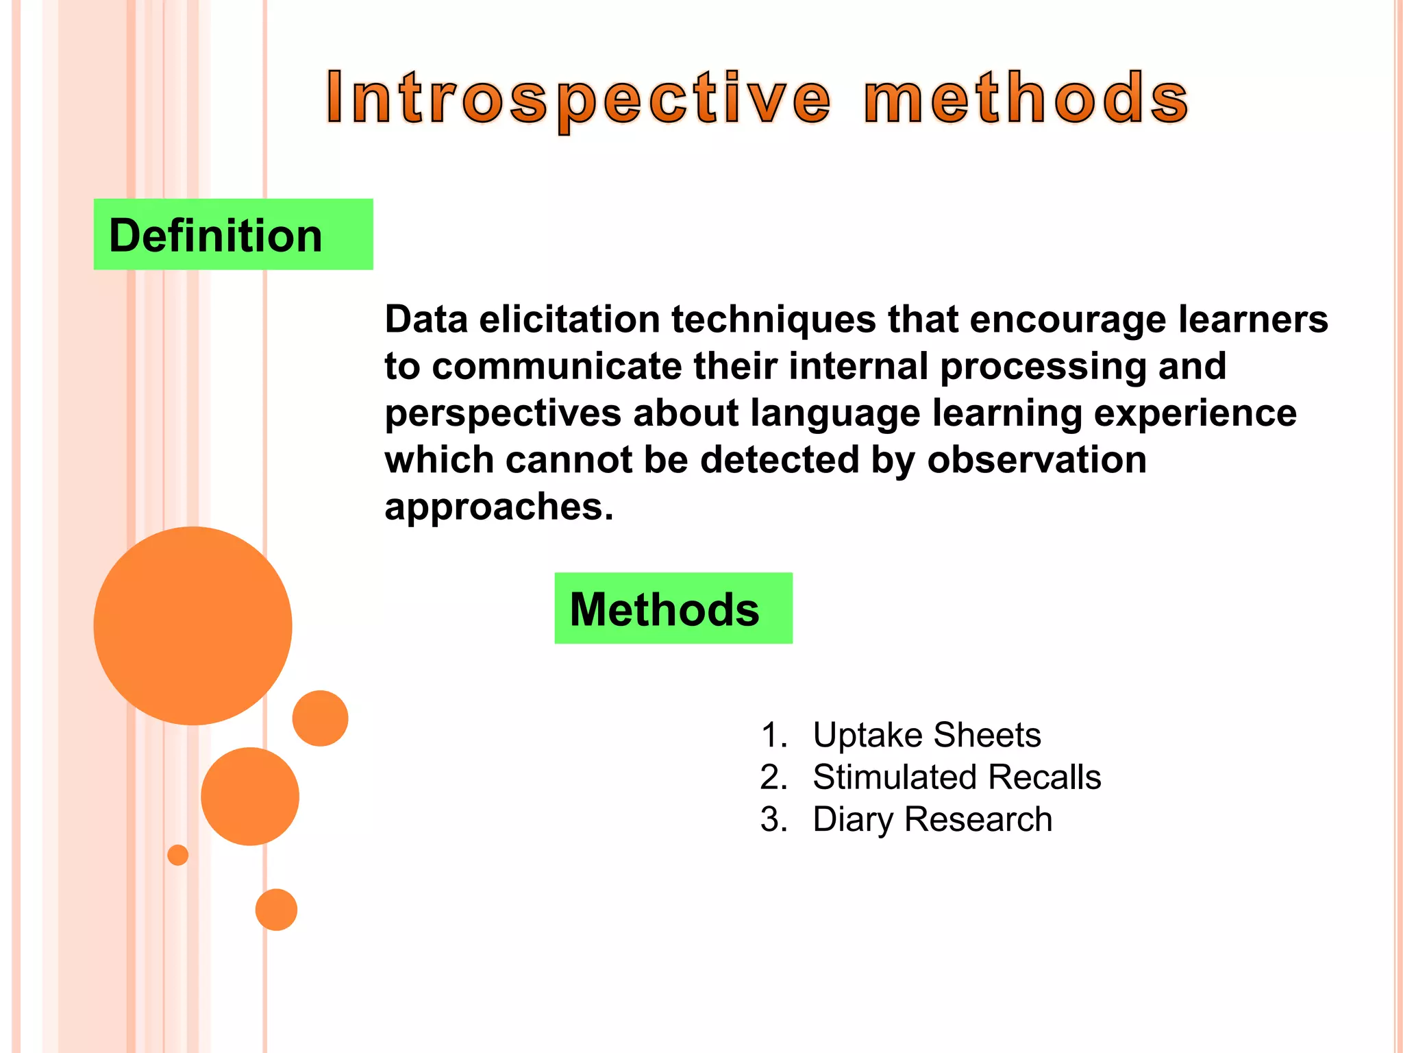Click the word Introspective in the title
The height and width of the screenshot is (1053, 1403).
(x=579, y=99)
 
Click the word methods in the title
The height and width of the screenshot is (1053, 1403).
(x=1026, y=99)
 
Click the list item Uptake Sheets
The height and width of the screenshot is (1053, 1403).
(x=926, y=735)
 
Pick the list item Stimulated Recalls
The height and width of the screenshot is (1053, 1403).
(x=956, y=777)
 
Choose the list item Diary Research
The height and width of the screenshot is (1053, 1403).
(x=932, y=820)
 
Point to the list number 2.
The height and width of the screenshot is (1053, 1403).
(x=773, y=777)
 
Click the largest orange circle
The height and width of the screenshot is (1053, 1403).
(x=193, y=625)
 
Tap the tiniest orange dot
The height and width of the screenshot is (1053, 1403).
(x=177, y=855)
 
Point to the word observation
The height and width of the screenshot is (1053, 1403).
(x=1036, y=459)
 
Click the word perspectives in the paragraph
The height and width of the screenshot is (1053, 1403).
(x=503, y=414)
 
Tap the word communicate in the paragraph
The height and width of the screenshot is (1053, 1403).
(x=556, y=367)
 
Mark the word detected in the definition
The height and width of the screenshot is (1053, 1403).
(x=779, y=459)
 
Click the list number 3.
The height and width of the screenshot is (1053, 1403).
(x=773, y=820)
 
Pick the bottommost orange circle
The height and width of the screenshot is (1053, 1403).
(x=276, y=910)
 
